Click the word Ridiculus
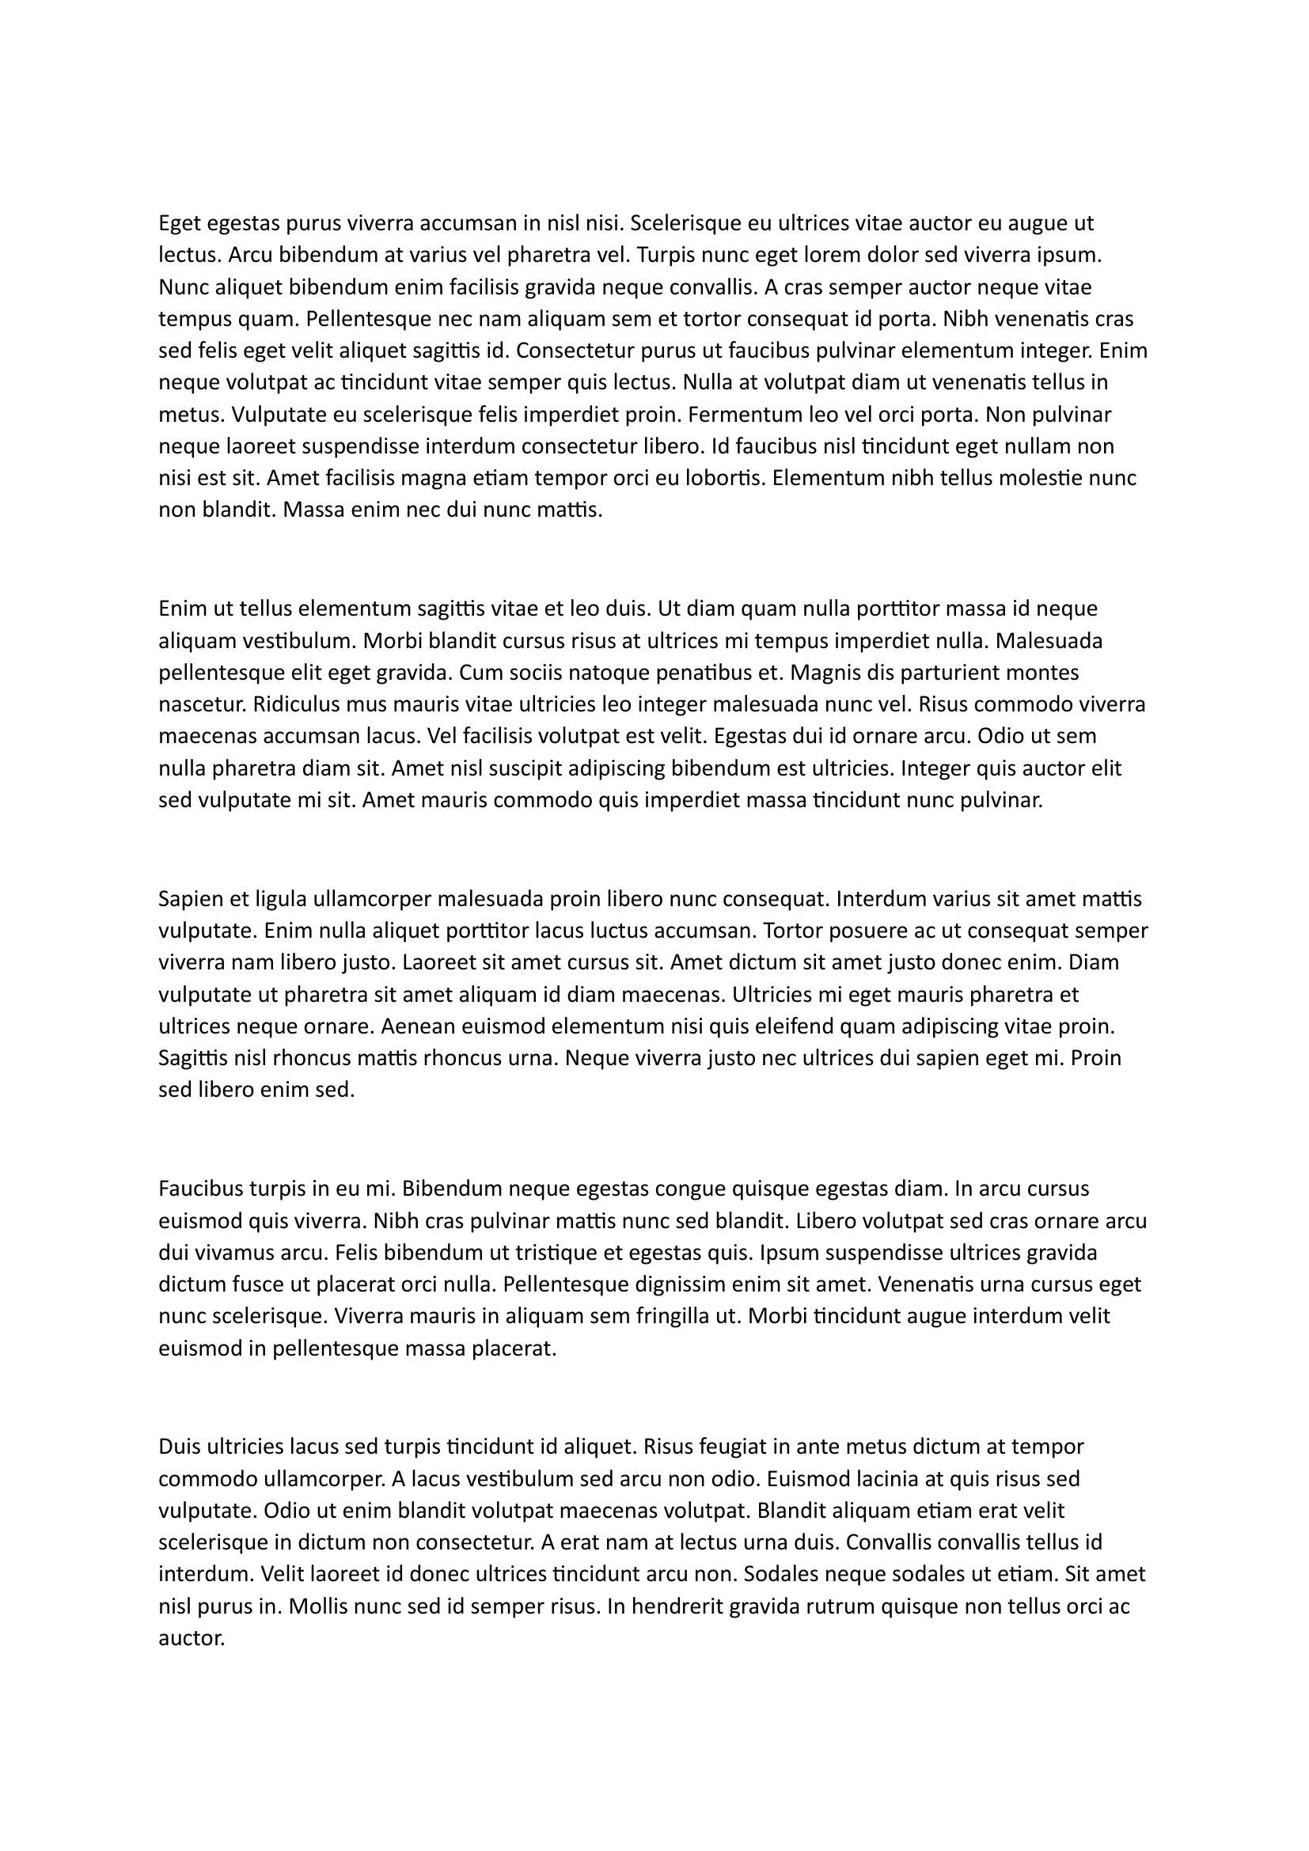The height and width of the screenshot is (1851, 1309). click(x=297, y=704)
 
